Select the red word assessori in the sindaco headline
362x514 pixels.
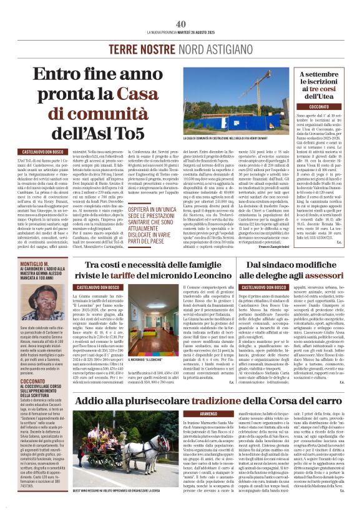[323, 275]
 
